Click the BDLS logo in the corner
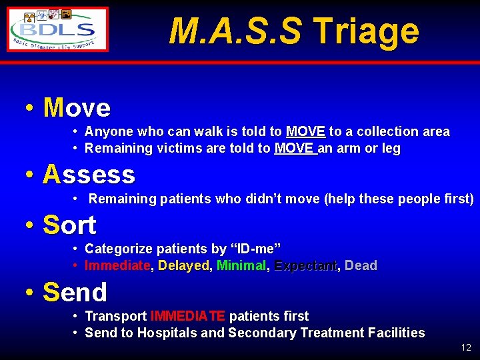coord(57,29)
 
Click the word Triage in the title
coord(365,31)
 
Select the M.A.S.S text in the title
coord(235,31)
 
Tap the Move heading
coord(77,107)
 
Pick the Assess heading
coord(89,175)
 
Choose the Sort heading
coord(69,225)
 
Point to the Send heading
coord(75,292)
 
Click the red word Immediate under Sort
coord(118,266)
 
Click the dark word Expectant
coord(305,266)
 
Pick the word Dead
coord(361,266)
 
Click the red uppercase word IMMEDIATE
coord(188,316)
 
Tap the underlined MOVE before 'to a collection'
coord(305,132)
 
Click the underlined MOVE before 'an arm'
coord(295,149)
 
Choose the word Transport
coord(116,316)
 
